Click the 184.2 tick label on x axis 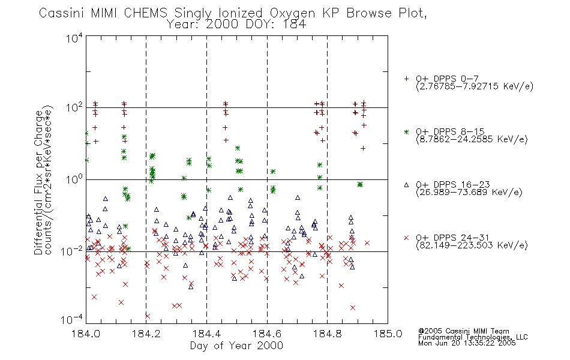coord(146,334)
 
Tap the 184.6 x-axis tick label coord(267,334)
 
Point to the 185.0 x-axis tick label coord(388,334)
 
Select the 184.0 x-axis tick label coord(86,334)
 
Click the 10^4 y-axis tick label coord(74,38)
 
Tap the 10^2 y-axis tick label coord(74,107)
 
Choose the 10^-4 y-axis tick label coord(71,319)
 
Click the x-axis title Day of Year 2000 coord(236,346)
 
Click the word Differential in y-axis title coord(38,222)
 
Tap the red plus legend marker coord(406,79)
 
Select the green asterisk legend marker coord(406,132)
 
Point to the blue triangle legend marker coord(406,185)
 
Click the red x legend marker coord(406,238)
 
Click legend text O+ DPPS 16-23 coord(453,184)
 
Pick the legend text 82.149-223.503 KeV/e coord(472,245)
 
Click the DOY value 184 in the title coord(295,25)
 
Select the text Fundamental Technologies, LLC coord(473,337)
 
